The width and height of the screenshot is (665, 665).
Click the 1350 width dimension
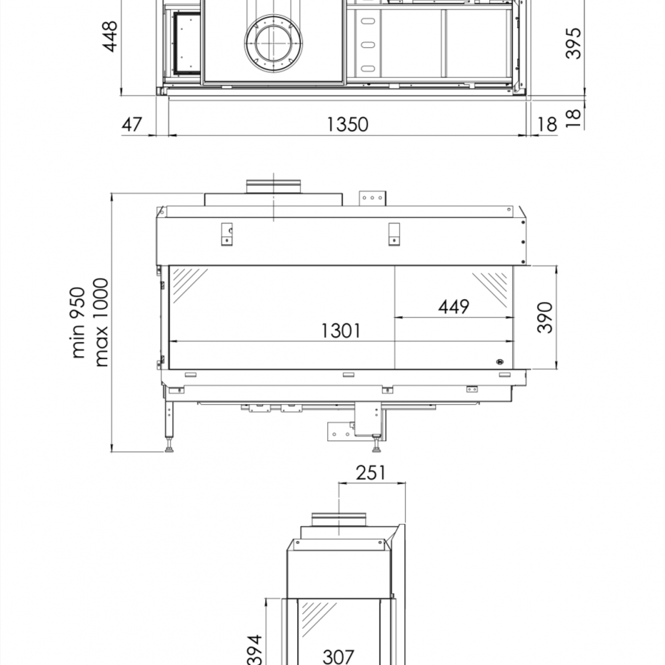(x=347, y=124)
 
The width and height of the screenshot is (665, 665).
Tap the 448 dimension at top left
(x=110, y=36)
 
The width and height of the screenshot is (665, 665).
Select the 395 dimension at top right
(x=573, y=44)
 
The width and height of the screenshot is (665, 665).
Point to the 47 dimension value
(x=132, y=125)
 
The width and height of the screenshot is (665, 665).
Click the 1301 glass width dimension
(x=341, y=331)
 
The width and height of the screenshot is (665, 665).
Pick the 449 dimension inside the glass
(x=454, y=307)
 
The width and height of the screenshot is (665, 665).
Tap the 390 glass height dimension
(x=545, y=317)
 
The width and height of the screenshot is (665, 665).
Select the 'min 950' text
(x=79, y=322)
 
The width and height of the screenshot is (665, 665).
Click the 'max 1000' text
(x=101, y=322)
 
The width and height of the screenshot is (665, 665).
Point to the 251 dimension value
(x=371, y=473)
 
